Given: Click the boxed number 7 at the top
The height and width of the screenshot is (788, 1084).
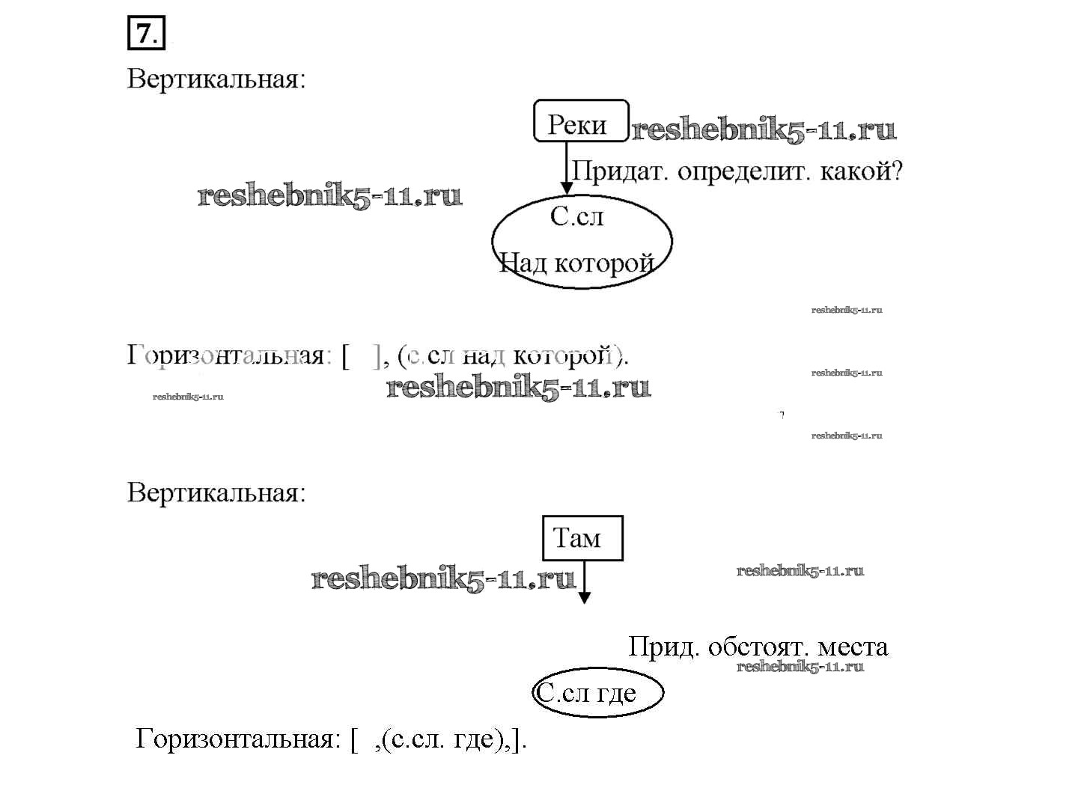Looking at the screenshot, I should coord(146,34).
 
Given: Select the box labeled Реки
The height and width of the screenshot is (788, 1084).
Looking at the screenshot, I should coord(580,120).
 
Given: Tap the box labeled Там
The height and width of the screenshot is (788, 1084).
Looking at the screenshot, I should coord(582,538).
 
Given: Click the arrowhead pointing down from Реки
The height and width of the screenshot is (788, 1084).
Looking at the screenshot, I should coord(567,187).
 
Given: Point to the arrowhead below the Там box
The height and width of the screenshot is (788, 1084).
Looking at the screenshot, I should coord(584,597).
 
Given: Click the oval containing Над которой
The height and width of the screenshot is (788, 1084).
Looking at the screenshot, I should coord(582,240).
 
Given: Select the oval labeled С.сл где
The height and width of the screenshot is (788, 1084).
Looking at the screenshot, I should coord(597,693).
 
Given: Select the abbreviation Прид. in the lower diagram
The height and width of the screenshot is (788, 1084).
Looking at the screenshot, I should coord(663,647).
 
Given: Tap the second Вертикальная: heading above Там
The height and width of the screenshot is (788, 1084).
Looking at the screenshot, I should coord(216,493).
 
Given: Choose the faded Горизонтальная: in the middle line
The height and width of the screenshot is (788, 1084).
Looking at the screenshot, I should coord(226,355).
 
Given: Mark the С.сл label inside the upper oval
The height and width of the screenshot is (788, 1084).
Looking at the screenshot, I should coord(576,217).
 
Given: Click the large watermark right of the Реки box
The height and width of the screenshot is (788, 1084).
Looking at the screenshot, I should coord(764,130).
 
